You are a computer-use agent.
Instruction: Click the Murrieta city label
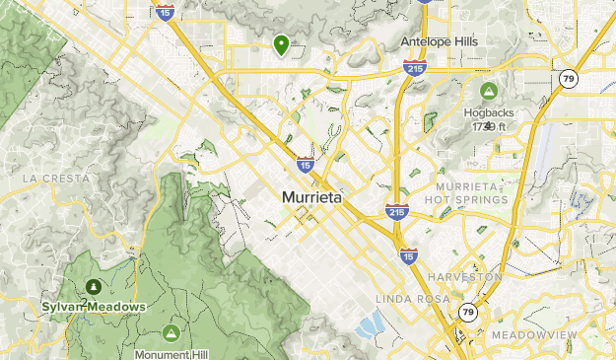(311, 197)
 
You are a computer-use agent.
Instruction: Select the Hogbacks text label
(490, 112)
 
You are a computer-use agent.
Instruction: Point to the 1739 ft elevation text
(488, 126)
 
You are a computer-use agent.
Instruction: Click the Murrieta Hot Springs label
(471, 193)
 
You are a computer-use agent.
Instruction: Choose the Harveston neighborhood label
(466, 277)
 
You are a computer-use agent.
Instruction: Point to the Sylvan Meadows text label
(94, 307)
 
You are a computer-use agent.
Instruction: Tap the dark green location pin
(282, 43)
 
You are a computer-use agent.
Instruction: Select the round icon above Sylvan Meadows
(93, 287)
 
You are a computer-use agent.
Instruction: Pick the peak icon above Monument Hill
(172, 331)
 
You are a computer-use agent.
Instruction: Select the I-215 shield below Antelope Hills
(413, 67)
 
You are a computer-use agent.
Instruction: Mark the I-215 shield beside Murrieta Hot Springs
(396, 210)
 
